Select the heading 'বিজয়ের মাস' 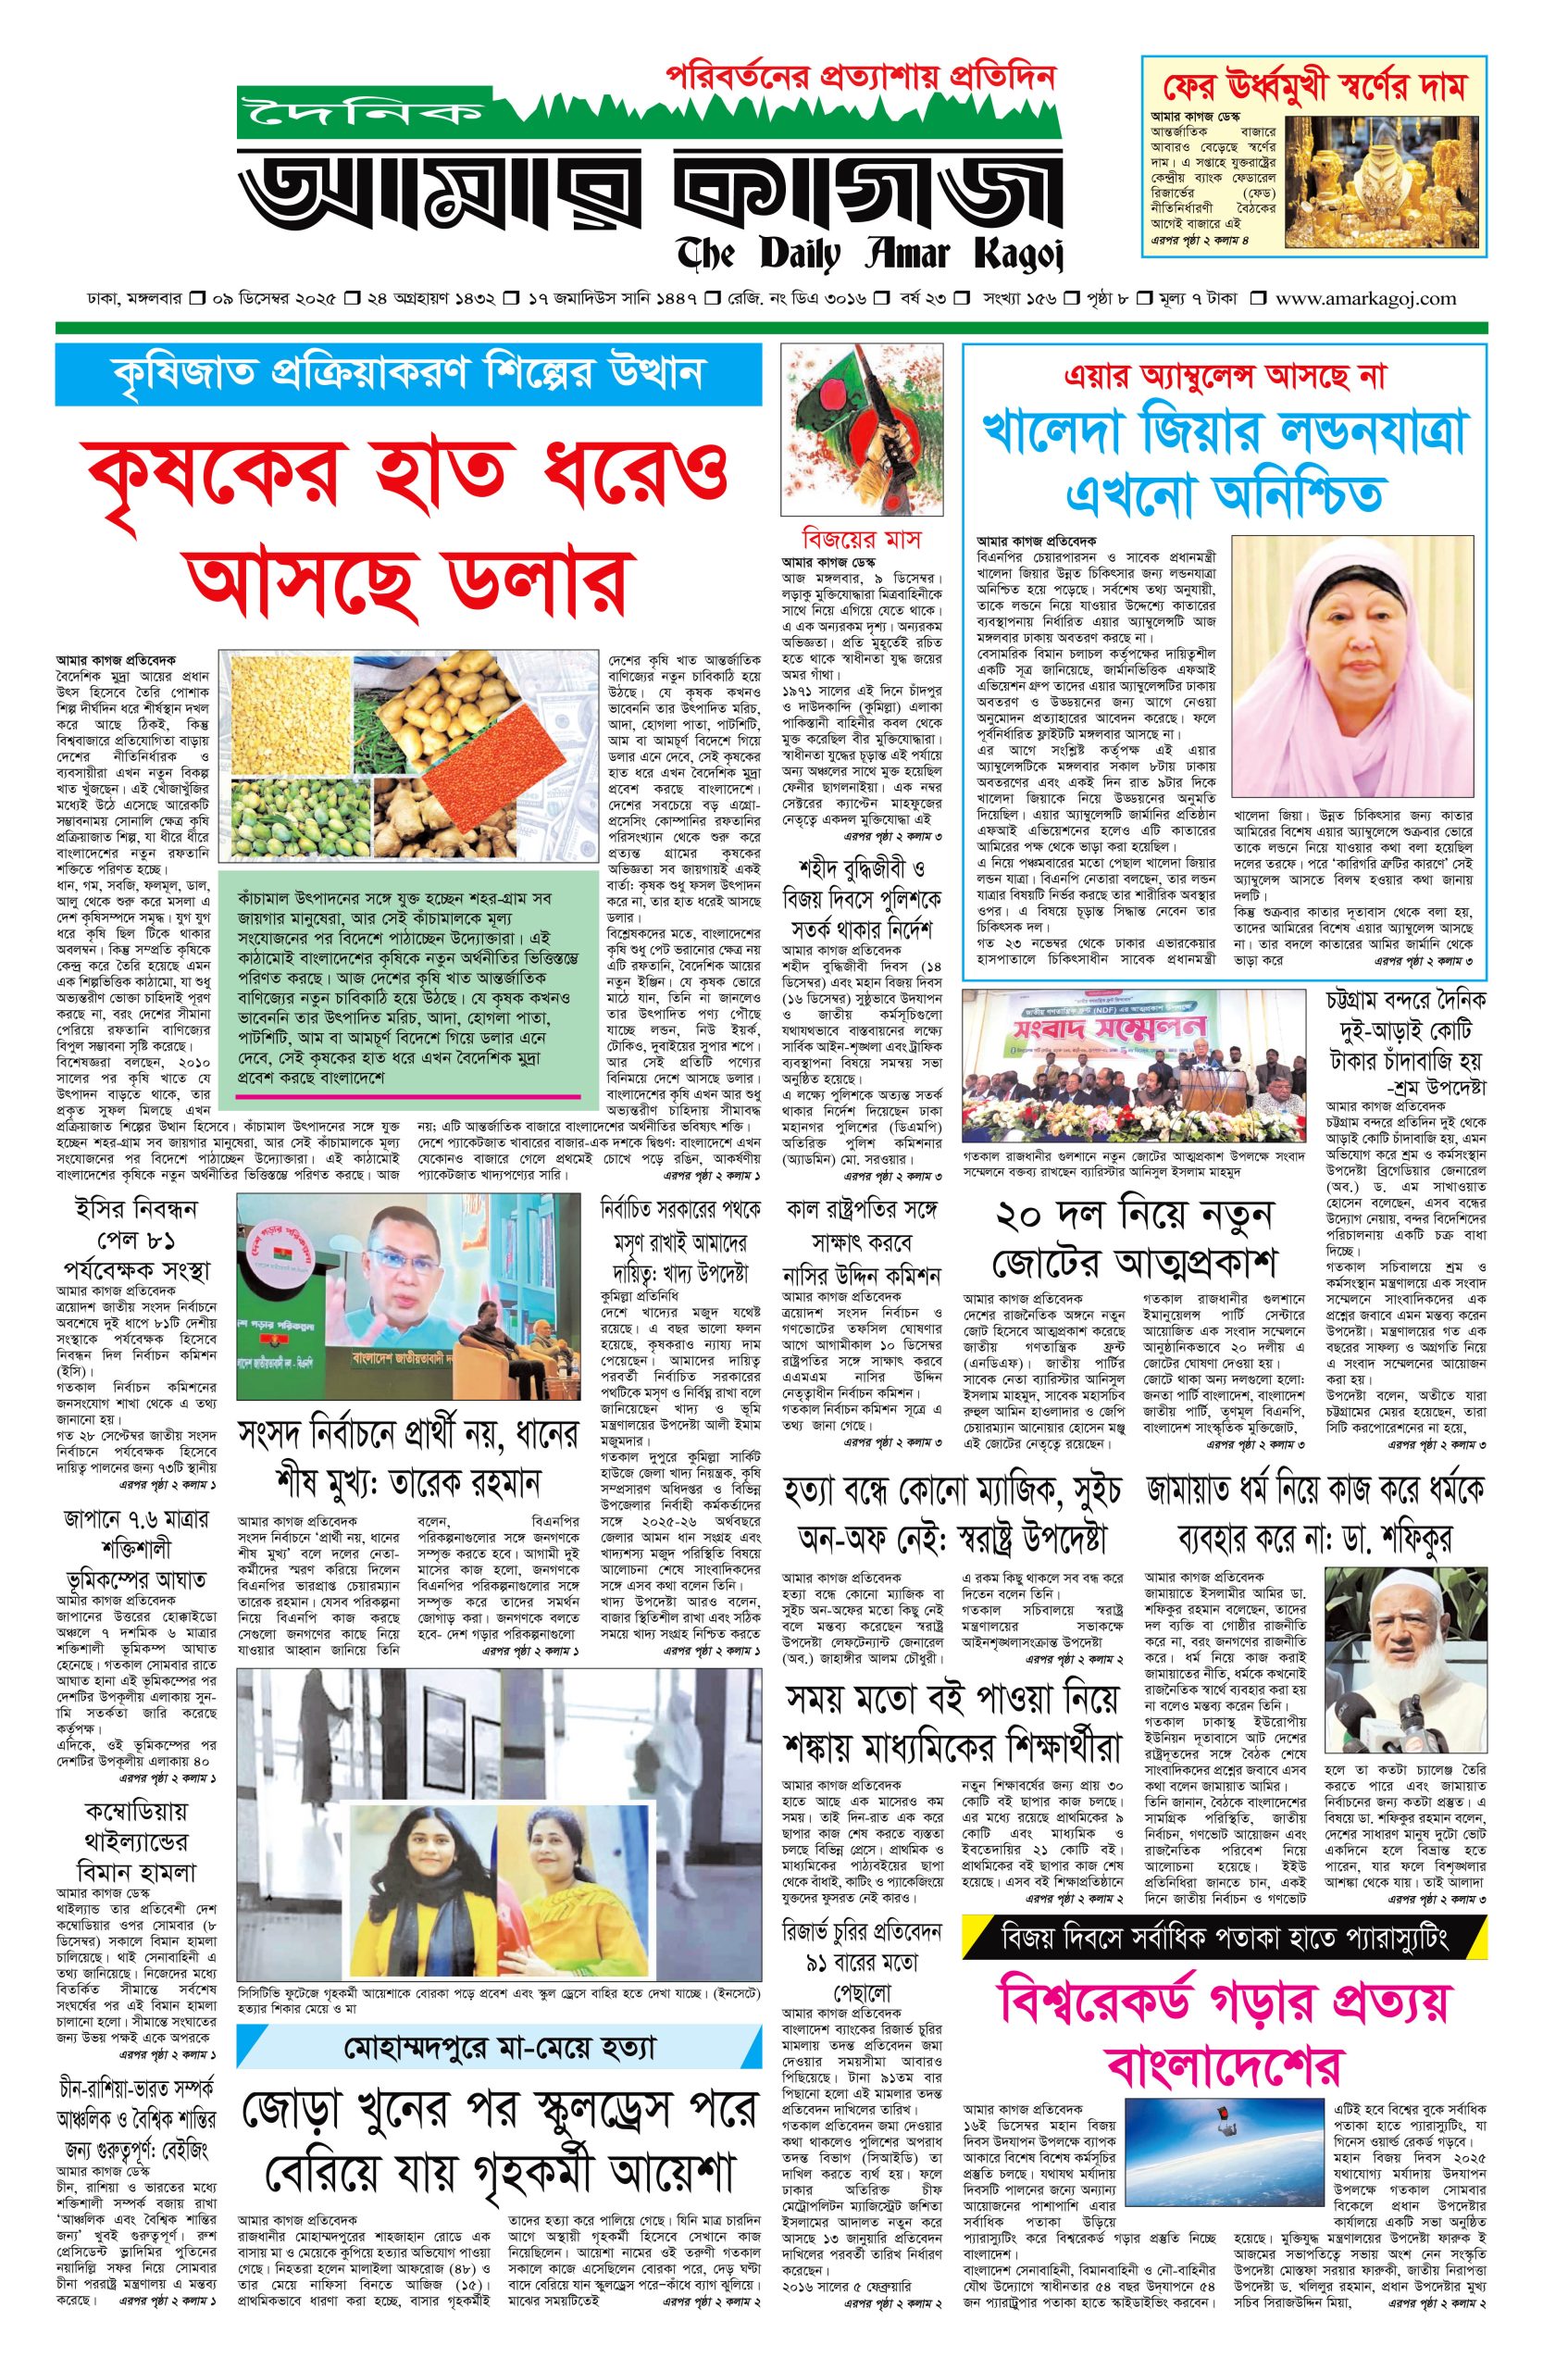(x=862, y=540)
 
